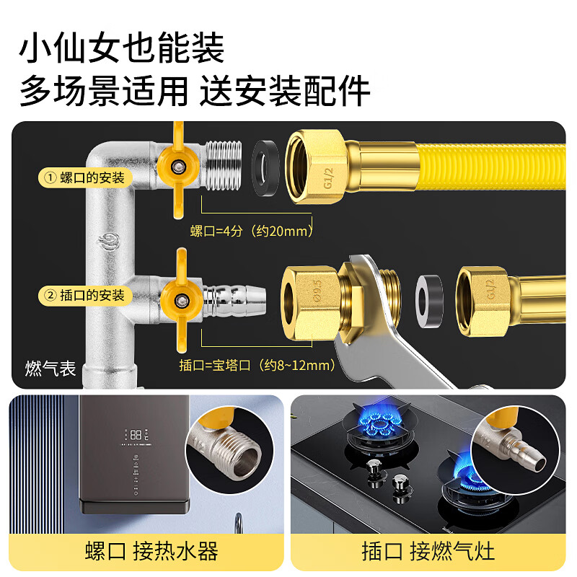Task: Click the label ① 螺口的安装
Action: [x=85, y=177]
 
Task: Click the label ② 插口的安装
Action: [x=85, y=295]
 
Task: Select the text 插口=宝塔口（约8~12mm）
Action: [x=257, y=366]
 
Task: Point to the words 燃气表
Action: [x=50, y=369]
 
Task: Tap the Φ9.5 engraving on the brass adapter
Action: [x=315, y=294]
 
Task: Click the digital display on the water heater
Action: [x=138, y=435]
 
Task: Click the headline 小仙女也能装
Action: [x=122, y=49]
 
